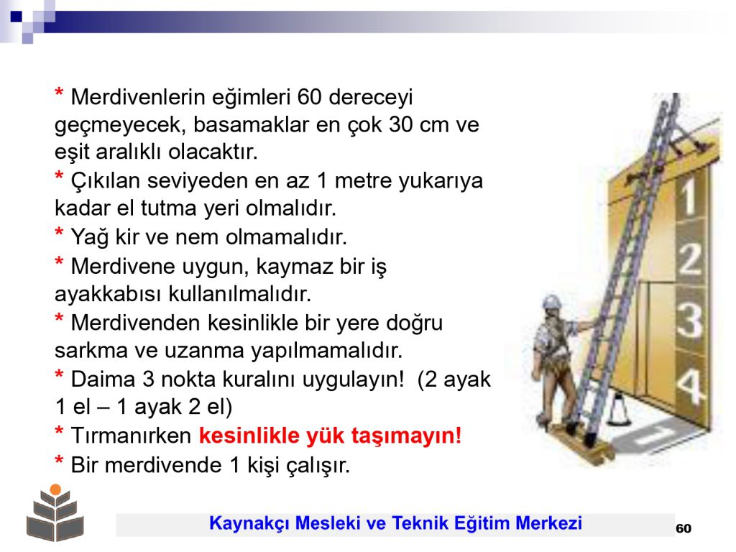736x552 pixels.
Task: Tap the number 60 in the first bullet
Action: coord(309,97)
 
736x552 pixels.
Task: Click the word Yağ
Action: coord(90,237)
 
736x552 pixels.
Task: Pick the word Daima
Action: coord(103,379)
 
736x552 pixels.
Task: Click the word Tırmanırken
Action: coord(131,436)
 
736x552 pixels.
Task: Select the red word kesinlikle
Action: coord(249,435)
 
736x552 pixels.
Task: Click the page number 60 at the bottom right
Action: coord(684,528)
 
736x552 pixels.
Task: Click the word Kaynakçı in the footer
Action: coord(249,523)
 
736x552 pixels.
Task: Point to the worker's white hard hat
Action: coord(552,301)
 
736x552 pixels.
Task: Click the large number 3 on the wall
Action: coord(689,320)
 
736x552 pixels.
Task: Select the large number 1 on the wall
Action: coord(689,197)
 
